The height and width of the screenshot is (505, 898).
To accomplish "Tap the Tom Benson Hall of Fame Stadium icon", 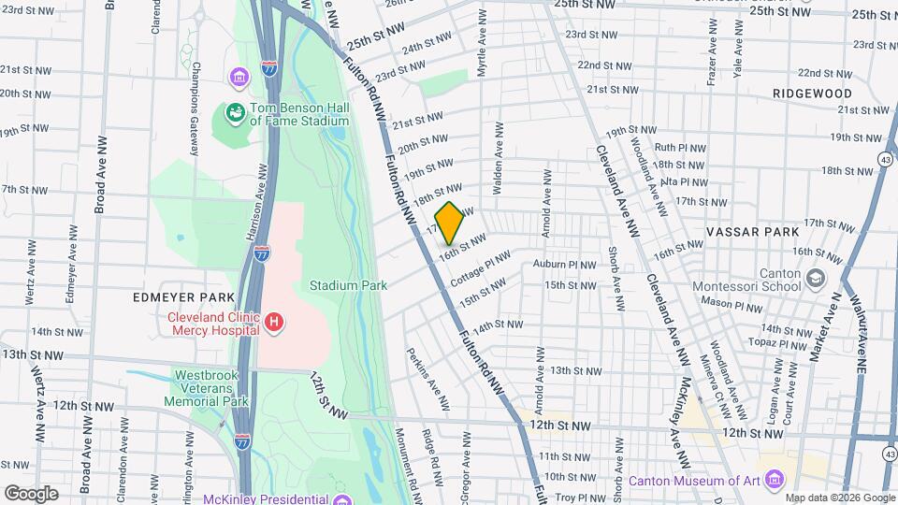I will pos(235,114).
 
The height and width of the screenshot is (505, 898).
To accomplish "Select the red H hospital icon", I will pos(274,323).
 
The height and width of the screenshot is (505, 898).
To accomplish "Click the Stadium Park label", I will pos(348,285).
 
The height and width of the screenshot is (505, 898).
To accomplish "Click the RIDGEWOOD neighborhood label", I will pos(812,94).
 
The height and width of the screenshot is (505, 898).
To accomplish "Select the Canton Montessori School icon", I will pos(816,279).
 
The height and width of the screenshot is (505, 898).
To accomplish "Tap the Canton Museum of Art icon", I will pos(774,481).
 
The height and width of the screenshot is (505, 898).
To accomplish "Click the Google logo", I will pos(31,493).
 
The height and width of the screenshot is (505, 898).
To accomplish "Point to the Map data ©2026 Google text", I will pos(839,498).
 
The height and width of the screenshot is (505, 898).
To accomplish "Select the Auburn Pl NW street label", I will pos(564,265).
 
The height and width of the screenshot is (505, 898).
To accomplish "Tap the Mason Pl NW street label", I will pos(732,306).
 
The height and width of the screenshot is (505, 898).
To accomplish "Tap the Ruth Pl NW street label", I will pos(677,148).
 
